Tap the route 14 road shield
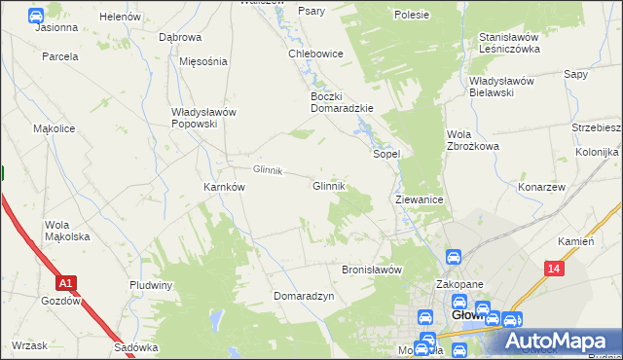click(554, 268)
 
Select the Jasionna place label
click(56, 27)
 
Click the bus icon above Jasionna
click(36, 15)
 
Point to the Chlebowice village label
click(314, 54)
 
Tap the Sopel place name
click(387, 154)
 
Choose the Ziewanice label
click(420, 198)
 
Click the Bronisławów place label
click(372, 270)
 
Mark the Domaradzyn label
click(304, 295)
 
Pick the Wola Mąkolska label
click(67, 231)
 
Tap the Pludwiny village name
click(151, 285)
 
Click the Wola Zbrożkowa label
click(472, 140)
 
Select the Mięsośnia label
click(203, 60)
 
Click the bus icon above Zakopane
click(454, 257)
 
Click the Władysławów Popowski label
click(203, 118)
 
